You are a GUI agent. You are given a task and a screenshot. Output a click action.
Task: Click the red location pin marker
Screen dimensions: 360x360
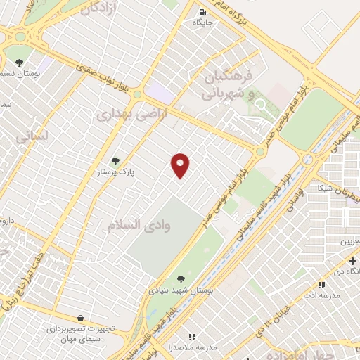tap(181, 164)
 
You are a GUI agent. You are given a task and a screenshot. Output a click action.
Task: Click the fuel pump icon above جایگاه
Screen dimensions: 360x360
tap(202, 12)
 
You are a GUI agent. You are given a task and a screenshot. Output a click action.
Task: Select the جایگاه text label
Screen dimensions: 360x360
tap(203, 22)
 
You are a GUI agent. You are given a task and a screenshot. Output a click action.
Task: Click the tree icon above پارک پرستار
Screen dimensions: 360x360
tap(116, 161)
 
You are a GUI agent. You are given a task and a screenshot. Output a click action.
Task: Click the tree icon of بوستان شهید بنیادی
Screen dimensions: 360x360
tap(181, 279)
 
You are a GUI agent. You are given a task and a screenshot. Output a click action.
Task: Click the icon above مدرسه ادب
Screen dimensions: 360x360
tap(321, 285)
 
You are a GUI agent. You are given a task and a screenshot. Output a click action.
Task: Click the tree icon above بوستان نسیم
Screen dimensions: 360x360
tap(19, 62)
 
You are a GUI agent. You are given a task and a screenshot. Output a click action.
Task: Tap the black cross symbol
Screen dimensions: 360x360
tap(352, 261)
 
